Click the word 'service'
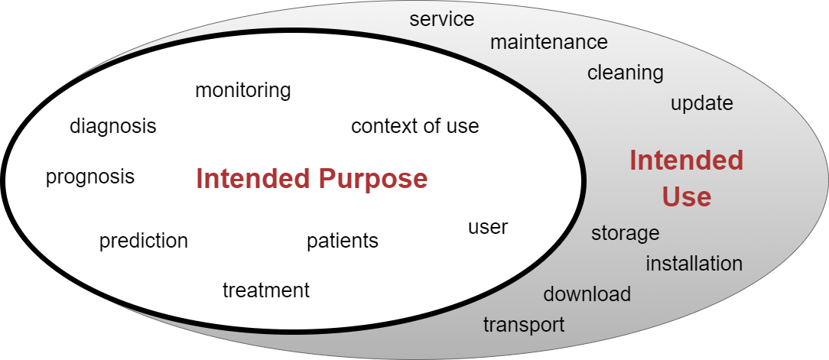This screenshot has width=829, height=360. [x=441, y=19]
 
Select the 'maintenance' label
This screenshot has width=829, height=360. [x=548, y=42]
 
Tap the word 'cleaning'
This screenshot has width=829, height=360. [x=625, y=73]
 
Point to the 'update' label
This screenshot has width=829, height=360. [x=701, y=103]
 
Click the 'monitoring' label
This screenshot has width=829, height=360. [x=242, y=90]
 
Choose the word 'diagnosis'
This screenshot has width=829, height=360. [x=112, y=126]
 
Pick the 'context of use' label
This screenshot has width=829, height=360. [x=414, y=126]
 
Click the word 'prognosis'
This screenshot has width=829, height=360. [x=89, y=177]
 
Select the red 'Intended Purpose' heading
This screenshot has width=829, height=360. [x=311, y=179]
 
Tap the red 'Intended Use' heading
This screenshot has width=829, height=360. [x=686, y=179]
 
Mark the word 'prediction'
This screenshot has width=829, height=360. [x=143, y=242]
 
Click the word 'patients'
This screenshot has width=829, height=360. [x=342, y=242]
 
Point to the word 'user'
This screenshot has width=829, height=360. [x=487, y=227]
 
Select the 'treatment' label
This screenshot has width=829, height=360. [x=265, y=290]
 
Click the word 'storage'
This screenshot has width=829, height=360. [x=625, y=233]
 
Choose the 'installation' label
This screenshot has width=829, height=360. [x=694, y=264]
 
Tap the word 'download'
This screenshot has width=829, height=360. [x=587, y=294]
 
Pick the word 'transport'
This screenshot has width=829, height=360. [x=523, y=325]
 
